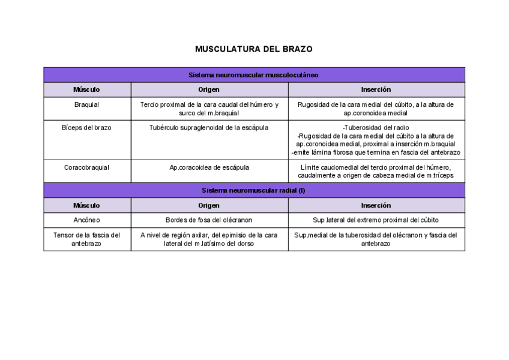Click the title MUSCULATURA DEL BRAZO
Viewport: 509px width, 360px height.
(253, 49)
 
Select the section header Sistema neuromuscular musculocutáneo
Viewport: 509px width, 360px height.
(253, 75)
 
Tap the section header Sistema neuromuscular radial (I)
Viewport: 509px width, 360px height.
(253, 190)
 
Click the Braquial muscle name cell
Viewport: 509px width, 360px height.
(87, 104)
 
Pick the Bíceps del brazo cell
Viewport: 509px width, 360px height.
(87, 127)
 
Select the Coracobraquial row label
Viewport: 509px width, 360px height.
(87, 167)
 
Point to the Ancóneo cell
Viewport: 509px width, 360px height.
(87, 220)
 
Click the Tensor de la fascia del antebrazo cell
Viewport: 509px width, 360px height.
(87, 239)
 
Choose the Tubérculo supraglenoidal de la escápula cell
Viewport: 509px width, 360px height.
(209, 127)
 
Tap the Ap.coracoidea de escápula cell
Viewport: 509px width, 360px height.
(209, 167)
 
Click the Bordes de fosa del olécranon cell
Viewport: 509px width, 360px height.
(209, 220)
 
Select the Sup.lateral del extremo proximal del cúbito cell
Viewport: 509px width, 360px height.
(376, 220)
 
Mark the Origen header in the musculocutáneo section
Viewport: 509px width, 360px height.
(209, 89)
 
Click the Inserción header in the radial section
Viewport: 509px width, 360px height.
(376, 205)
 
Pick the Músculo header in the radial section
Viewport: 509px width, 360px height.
(87, 205)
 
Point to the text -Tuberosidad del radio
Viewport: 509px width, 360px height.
(376, 127)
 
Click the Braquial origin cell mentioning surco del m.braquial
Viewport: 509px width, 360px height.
(209, 109)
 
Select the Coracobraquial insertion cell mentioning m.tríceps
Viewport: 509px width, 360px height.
(376, 172)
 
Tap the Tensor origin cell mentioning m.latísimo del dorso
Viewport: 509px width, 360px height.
(209, 239)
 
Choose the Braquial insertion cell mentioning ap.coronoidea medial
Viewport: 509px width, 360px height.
(376, 109)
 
